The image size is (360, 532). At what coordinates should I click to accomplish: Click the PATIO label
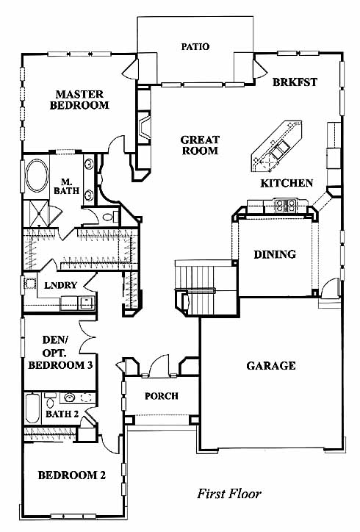click(x=195, y=46)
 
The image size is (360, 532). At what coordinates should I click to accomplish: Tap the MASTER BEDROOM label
click(x=79, y=99)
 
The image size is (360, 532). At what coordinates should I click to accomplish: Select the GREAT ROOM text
click(x=200, y=145)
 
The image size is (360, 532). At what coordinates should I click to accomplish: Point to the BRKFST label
click(x=295, y=82)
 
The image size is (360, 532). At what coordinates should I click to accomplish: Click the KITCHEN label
click(x=287, y=183)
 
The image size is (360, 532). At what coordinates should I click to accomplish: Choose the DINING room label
click(x=275, y=254)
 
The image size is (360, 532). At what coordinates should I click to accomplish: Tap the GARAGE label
click(x=271, y=365)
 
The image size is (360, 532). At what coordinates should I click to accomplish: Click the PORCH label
click(x=162, y=396)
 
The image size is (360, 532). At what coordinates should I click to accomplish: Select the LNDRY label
click(x=61, y=285)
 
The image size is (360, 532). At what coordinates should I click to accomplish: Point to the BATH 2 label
click(x=62, y=414)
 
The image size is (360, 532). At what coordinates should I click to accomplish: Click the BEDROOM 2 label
click(x=71, y=475)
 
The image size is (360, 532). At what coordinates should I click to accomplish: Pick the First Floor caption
click(x=229, y=493)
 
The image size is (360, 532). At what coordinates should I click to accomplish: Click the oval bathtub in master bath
click(x=37, y=176)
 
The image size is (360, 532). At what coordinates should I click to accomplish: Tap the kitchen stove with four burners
click(x=286, y=205)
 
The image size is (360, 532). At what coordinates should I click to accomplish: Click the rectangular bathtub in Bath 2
click(x=32, y=408)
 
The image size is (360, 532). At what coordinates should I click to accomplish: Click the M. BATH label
click(x=67, y=186)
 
